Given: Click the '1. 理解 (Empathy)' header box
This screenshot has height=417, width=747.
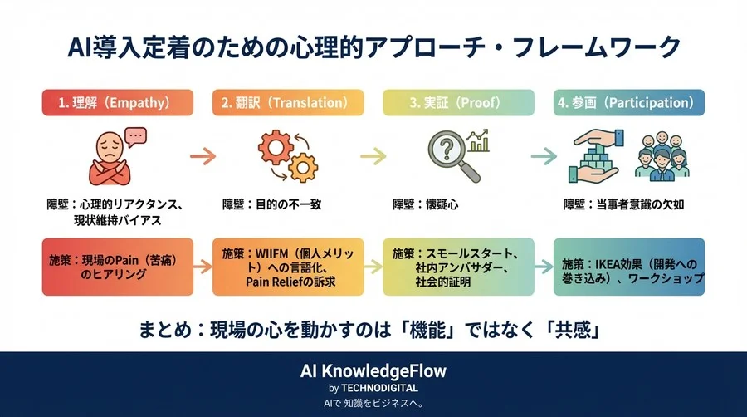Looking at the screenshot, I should (117, 103).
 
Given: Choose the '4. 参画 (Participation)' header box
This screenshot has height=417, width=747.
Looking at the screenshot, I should (629, 103).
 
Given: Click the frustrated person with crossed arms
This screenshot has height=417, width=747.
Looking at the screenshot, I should (115, 155).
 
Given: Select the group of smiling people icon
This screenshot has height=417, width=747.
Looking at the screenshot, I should (669, 155).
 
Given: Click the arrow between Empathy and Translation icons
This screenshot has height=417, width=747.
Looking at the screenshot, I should (203, 155).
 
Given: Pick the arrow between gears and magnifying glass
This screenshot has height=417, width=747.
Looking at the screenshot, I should (373, 155).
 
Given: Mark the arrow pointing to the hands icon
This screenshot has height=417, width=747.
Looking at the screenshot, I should (544, 155).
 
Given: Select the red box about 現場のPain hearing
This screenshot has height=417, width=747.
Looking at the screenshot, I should (117, 267).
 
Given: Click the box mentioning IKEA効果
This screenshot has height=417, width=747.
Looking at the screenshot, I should (629, 267).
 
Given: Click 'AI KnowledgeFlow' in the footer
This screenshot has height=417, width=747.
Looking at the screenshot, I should (373, 370).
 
